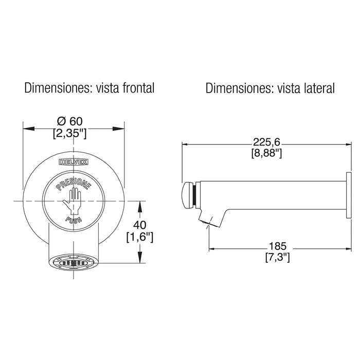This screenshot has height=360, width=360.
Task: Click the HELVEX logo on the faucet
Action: point(74,162)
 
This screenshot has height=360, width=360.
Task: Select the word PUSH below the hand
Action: point(74,220)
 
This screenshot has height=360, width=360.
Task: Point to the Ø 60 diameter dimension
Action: point(69,121)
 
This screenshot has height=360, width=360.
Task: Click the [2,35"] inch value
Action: point(70,133)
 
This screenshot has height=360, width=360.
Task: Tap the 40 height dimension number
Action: point(139,225)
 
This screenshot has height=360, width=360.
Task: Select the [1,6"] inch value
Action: point(139,237)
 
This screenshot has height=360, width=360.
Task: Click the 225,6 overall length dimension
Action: point(266,142)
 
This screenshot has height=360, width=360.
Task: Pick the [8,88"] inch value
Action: point(266,153)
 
